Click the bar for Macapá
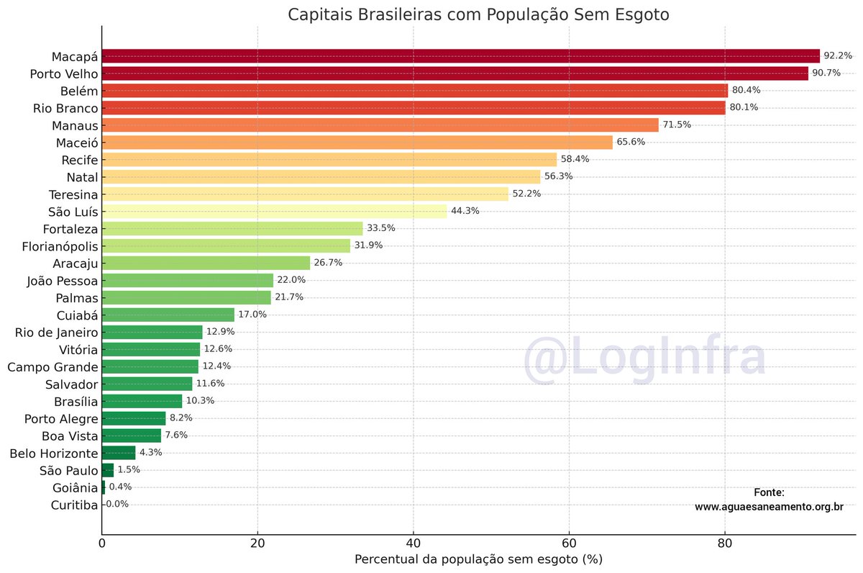(460, 56)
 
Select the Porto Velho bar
(455, 73)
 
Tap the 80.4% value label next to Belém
(746, 90)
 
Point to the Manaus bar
(380, 125)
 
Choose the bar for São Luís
(274, 211)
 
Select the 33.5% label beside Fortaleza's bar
(381, 228)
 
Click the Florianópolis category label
(54, 245)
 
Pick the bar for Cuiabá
(168, 315)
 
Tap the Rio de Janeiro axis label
(56, 332)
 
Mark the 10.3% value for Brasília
(200, 401)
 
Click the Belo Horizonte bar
(118, 453)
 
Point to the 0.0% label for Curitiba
(117, 505)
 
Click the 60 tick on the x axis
(568, 542)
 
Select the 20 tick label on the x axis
(257, 542)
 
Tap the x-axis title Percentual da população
(478, 559)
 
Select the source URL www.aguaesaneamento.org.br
(769, 507)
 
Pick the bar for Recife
(329, 159)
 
